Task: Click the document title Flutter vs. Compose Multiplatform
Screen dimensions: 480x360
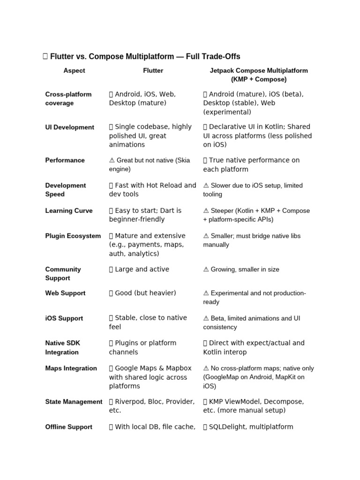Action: click(145, 57)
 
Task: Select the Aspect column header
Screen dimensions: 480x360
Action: click(75, 71)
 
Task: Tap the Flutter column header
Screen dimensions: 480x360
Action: click(153, 71)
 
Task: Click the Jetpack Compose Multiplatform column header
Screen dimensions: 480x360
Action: click(259, 75)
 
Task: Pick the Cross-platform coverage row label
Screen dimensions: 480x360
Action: click(68, 98)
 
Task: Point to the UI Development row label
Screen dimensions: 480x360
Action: click(69, 127)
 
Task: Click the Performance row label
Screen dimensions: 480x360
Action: click(65, 160)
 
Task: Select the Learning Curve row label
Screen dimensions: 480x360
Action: click(69, 211)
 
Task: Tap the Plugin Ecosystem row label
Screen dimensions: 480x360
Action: click(73, 236)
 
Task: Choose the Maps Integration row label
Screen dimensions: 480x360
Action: click(71, 368)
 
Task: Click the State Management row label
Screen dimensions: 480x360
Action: click(74, 402)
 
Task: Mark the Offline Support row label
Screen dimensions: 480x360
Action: click(68, 427)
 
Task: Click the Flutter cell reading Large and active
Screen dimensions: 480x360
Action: click(142, 270)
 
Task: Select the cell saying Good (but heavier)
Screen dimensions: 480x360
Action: click(145, 293)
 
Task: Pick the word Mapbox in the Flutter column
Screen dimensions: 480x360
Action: click(174, 368)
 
